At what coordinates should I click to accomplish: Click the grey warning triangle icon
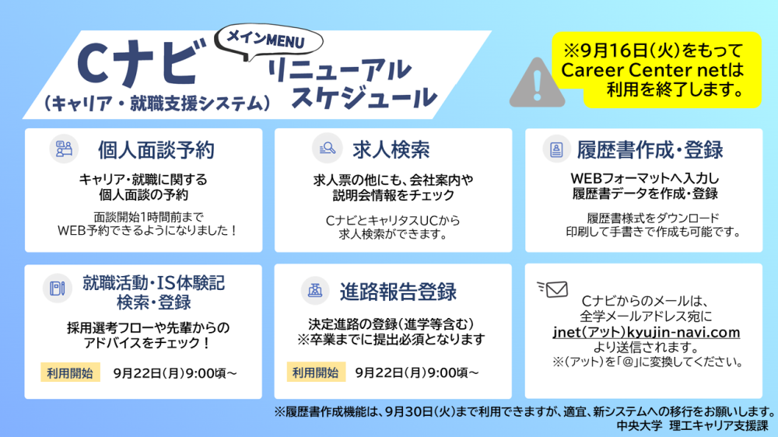tap(537, 83)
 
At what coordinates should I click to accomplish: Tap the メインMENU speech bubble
tap(268, 40)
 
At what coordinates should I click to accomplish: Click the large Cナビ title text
tap(142, 63)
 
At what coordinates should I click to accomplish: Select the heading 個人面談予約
tap(156, 150)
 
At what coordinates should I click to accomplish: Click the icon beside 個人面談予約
tap(64, 149)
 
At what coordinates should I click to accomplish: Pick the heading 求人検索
tap(391, 150)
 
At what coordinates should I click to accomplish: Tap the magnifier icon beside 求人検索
tap(327, 148)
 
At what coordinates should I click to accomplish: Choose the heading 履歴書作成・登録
tap(650, 150)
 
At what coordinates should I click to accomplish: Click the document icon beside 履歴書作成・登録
tap(556, 149)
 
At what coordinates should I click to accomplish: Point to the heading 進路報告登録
tap(398, 292)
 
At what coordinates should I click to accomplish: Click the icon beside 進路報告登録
tap(315, 290)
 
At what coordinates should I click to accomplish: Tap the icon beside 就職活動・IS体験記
tap(57, 288)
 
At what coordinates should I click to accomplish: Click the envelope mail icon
tap(552, 288)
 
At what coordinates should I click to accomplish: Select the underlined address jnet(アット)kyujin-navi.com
tap(647, 332)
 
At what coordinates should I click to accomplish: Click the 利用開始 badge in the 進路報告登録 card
tap(316, 372)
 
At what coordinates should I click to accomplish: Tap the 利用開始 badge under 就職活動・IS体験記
tap(70, 372)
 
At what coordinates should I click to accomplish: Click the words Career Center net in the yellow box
tap(638, 70)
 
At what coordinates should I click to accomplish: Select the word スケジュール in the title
tap(363, 97)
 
